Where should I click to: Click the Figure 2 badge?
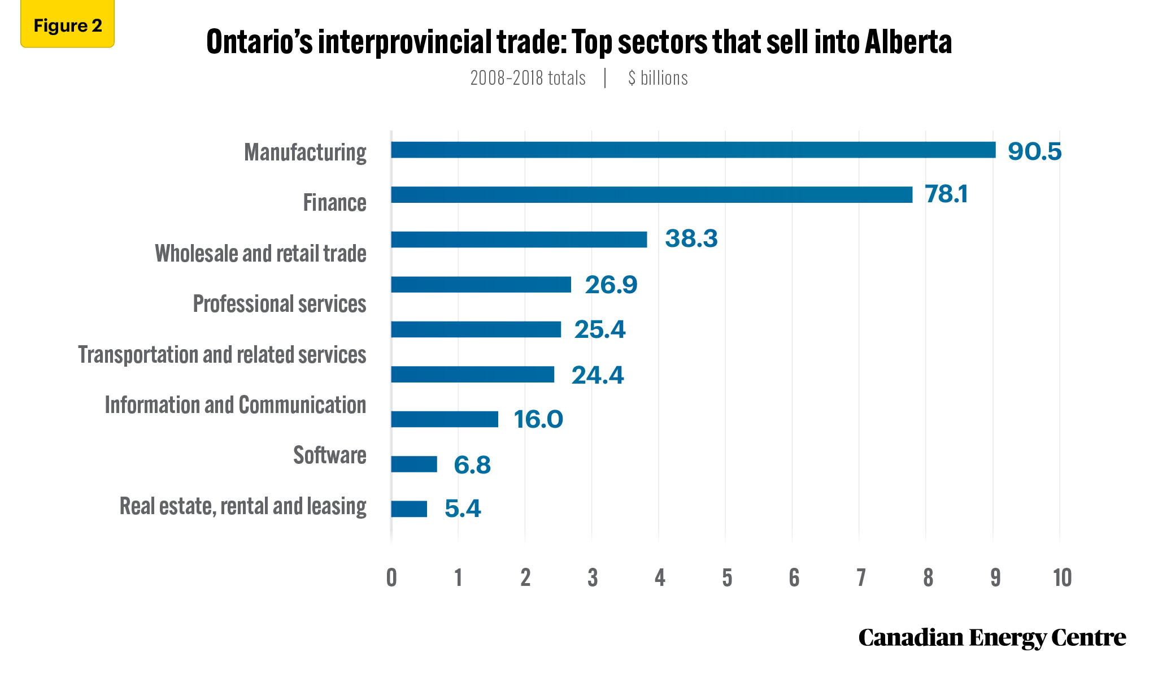(67, 24)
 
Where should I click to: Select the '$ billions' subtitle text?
(658, 78)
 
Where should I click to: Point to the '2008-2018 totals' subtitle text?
(528, 78)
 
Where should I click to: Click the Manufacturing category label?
(305, 153)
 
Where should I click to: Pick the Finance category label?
(335, 203)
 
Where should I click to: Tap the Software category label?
(330, 455)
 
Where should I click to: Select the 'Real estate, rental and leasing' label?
(243, 506)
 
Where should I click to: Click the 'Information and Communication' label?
(236, 405)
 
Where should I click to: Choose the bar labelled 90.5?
(693, 150)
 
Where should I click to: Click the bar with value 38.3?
(519, 240)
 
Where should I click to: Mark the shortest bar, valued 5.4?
(409, 509)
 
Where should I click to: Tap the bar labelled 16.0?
(445, 419)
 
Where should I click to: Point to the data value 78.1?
(946, 194)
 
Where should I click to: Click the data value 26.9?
(611, 285)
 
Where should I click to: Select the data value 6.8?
(472, 465)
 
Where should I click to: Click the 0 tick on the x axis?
(391, 578)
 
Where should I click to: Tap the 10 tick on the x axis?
(1062, 578)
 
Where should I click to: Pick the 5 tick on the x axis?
(726, 578)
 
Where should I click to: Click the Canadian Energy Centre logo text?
(992, 637)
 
